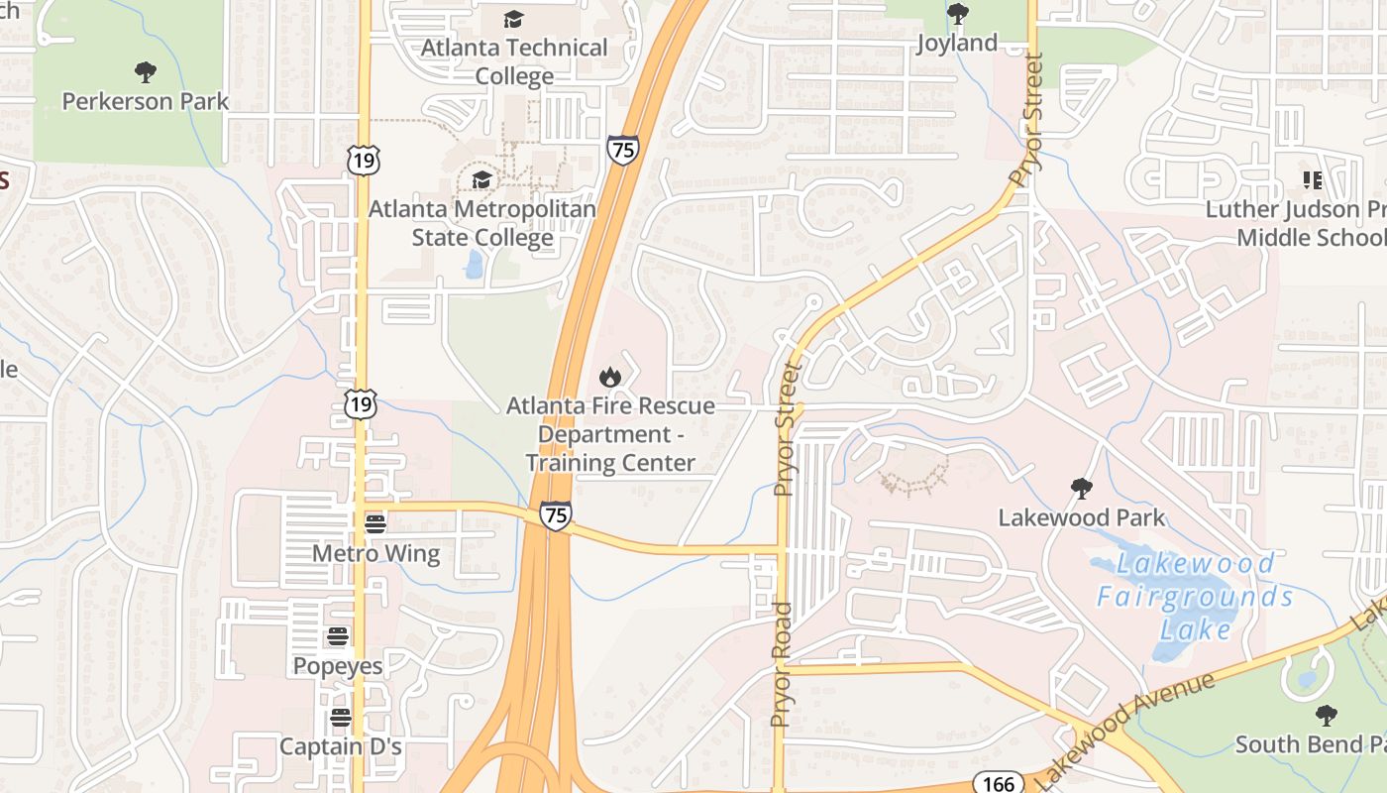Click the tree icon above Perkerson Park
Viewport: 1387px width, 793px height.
pos(146,71)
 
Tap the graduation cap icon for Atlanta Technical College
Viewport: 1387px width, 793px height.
pos(513,19)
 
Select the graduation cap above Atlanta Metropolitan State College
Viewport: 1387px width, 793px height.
pos(481,179)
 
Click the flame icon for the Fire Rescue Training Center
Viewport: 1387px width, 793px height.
pos(609,377)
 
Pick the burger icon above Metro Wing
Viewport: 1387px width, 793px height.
pos(374,523)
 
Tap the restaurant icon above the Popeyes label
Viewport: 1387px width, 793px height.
pos(338,636)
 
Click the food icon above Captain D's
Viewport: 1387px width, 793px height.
pos(341,717)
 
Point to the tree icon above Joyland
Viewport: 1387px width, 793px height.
pos(957,14)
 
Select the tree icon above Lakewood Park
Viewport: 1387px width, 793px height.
pos(1081,488)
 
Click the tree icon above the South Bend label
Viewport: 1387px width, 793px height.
pos(1326,715)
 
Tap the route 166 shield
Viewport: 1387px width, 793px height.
pos(997,783)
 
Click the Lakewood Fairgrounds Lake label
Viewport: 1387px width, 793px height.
pos(1196,596)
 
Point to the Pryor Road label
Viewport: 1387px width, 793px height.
pos(782,664)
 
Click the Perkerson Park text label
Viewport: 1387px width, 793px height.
pos(146,101)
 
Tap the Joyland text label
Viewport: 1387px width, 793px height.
pos(957,43)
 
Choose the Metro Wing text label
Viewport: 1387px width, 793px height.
pos(375,553)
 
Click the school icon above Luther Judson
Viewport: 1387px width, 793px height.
pos(1313,180)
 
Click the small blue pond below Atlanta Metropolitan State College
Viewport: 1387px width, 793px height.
pos(474,264)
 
